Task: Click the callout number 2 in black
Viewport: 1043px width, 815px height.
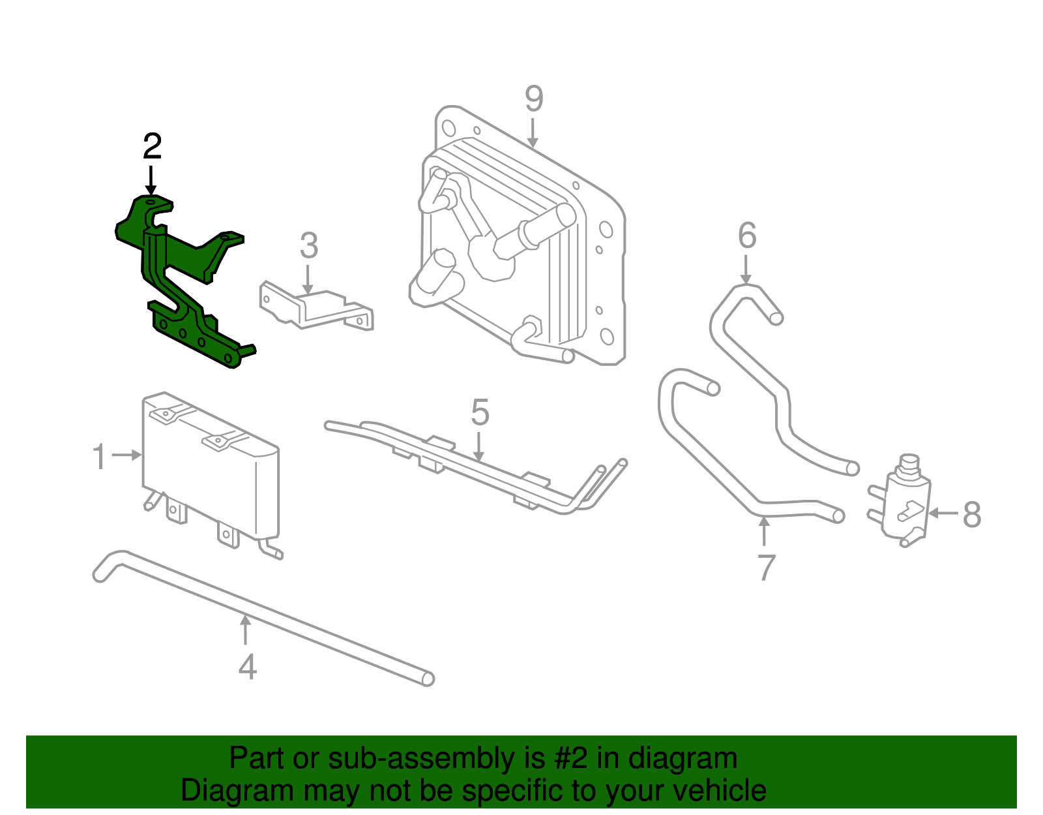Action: pyautogui.click(x=152, y=147)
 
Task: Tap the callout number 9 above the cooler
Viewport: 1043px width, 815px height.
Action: pyautogui.click(x=533, y=100)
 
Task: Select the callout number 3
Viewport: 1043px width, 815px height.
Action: pyautogui.click(x=309, y=246)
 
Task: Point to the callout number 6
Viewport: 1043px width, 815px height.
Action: pyautogui.click(x=747, y=236)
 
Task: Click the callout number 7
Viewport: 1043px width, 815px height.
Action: pyautogui.click(x=767, y=568)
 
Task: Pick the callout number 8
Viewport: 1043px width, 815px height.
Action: pyautogui.click(x=971, y=515)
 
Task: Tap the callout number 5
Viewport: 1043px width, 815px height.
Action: pyautogui.click(x=480, y=413)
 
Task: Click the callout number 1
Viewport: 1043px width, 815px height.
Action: pyautogui.click(x=99, y=457)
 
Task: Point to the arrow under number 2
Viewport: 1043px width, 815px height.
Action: pyautogui.click(x=151, y=179)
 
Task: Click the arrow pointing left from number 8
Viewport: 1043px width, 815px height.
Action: pyautogui.click(x=943, y=514)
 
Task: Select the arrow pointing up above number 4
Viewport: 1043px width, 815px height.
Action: pyautogui.click(x=245, y=630)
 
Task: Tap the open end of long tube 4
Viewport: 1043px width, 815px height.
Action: pyautogui.click(x=428, y=679)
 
